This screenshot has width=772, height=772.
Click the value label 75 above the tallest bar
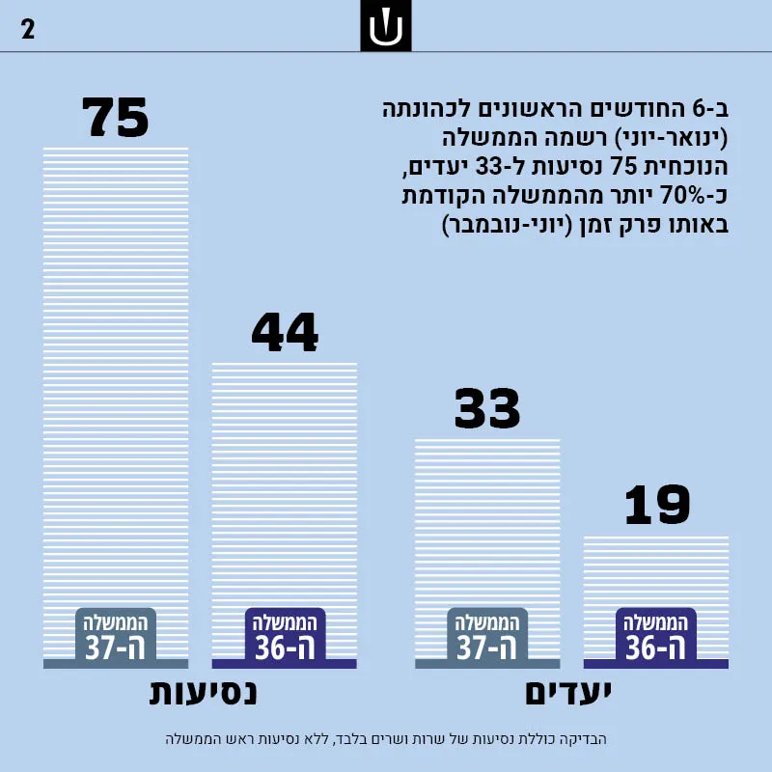coord(115,117)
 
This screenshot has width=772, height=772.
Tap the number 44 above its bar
coord(285,332)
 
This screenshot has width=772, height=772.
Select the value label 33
coord(487,408)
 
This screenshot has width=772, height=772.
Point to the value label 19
coord(657,504)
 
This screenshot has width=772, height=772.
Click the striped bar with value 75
coord(116,407)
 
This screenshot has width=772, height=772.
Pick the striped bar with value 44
coord(285,515)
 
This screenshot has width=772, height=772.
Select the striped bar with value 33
coord(487,553)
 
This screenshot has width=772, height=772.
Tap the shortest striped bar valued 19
coord(656,602)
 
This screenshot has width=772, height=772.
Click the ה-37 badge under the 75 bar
coord(116,636)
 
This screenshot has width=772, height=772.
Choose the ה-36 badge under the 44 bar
coord(285,636)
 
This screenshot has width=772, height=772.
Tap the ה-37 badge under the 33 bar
coord(487,636)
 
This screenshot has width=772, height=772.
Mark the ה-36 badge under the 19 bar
coord(656,636)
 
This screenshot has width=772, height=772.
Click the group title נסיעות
coord(203,693)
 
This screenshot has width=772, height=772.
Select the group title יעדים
coord(568,693)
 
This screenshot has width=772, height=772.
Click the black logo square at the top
coord(386,26)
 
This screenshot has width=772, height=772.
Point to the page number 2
coord(28,30)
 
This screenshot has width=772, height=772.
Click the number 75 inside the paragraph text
coord(623,166)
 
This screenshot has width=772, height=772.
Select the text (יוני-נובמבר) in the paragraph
coord(508,225)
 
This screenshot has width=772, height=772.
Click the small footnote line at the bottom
coord(386,739)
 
